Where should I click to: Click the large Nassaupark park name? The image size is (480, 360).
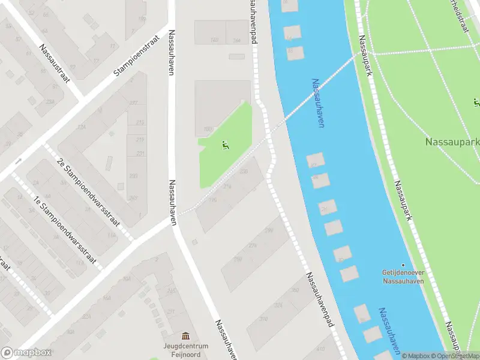tap(452, 142)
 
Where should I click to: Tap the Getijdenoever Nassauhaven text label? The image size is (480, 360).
tap(403, 275)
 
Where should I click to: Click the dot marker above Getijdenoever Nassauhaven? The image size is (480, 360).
tap(403, 265)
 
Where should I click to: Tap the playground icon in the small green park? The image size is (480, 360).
tap(225, 145)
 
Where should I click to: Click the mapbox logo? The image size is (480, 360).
tap(26, 353)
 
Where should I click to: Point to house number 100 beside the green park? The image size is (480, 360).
tap(208, 129)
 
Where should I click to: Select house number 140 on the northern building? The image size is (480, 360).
tap(214, 40)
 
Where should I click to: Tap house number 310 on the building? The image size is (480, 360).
tap(263, 319)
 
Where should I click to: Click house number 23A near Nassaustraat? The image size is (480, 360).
tap(50, 103)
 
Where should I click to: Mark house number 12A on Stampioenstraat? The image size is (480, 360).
tap(81, 127)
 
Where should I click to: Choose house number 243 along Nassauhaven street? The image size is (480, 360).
tap(133, 198)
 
